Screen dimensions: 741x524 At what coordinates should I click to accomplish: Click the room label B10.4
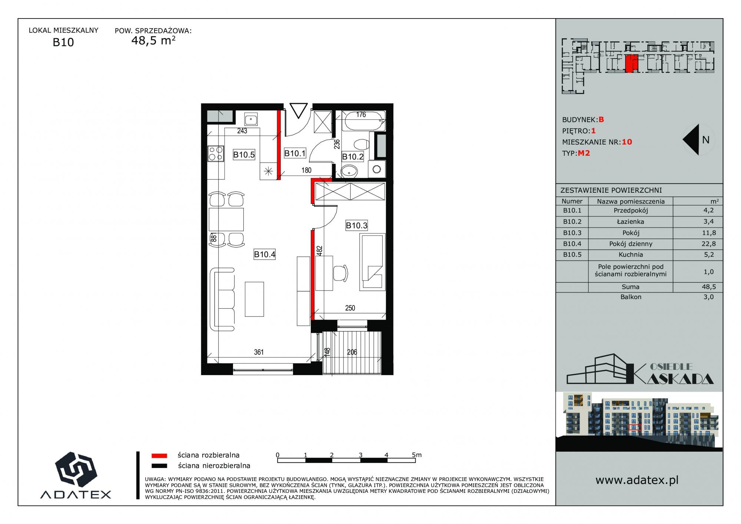coord(265,254)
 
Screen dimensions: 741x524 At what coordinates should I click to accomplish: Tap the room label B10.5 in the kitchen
coord(244,155)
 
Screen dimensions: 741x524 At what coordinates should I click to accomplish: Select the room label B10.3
coord(356,225)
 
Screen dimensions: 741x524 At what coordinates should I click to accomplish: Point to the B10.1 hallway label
coord(295,153)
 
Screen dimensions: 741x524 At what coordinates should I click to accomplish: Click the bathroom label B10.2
coord(353,157)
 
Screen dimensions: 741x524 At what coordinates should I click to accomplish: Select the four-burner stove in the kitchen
coord(216,154)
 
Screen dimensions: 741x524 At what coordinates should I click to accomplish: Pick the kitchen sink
coord(251,119)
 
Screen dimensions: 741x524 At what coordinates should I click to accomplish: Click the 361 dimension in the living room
coord(259,352)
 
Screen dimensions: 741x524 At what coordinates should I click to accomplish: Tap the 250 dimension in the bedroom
coord(350,308)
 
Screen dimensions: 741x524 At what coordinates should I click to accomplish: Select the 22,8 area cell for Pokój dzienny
coord(708,244)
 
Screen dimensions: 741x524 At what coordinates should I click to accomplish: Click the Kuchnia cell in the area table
coord(631,255)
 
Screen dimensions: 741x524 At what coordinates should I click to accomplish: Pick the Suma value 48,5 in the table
coord(708,287)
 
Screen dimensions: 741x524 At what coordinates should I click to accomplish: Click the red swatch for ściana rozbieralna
coord(159,455)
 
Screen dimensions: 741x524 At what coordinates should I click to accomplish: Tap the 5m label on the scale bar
coord(416,455)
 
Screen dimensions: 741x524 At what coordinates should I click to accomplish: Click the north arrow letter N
coord(706,140)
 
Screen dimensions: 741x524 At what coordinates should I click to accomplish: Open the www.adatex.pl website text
coord(637,480)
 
